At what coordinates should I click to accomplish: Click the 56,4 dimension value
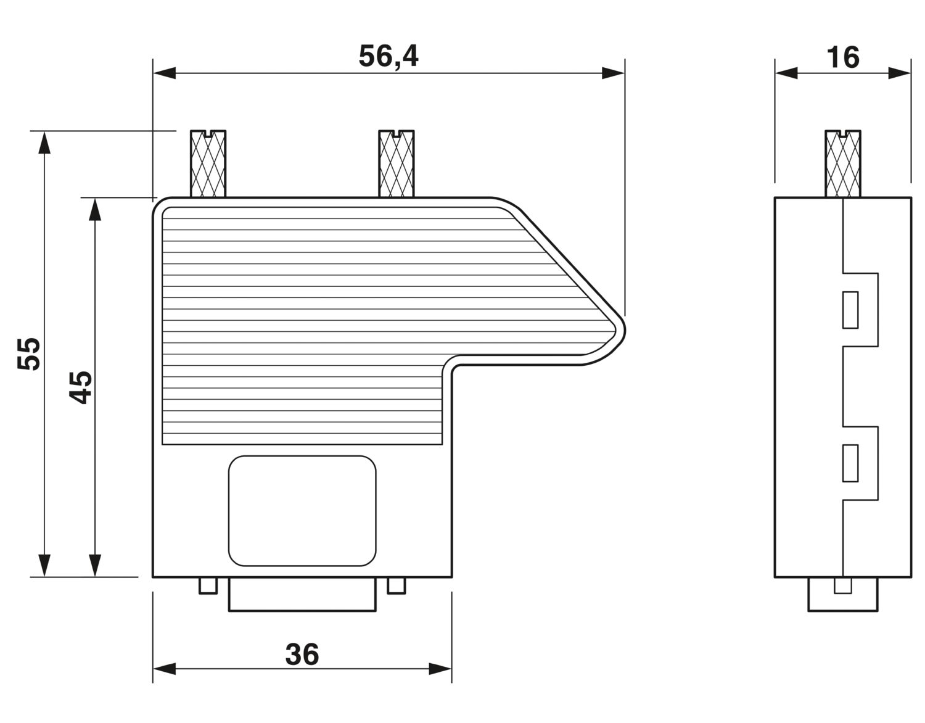388,56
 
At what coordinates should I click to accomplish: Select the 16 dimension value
842,57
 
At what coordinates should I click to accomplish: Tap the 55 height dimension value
29,353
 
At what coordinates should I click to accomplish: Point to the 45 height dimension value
80,387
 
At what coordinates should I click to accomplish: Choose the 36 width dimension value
302,655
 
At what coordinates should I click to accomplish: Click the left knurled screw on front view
208,164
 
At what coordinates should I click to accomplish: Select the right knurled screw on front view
396,164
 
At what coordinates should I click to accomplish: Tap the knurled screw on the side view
843,164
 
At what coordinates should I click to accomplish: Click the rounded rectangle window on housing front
302,511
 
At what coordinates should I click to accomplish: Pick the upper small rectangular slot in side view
850,310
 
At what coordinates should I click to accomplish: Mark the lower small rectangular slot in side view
850,463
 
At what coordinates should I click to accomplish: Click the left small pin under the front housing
208,585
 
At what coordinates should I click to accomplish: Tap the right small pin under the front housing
397,585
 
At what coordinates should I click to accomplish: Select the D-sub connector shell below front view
302,595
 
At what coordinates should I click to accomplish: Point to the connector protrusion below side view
843,595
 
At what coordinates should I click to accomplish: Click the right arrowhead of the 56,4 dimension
613,73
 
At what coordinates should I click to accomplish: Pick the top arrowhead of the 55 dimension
43,143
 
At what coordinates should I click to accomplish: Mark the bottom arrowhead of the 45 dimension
94,564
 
